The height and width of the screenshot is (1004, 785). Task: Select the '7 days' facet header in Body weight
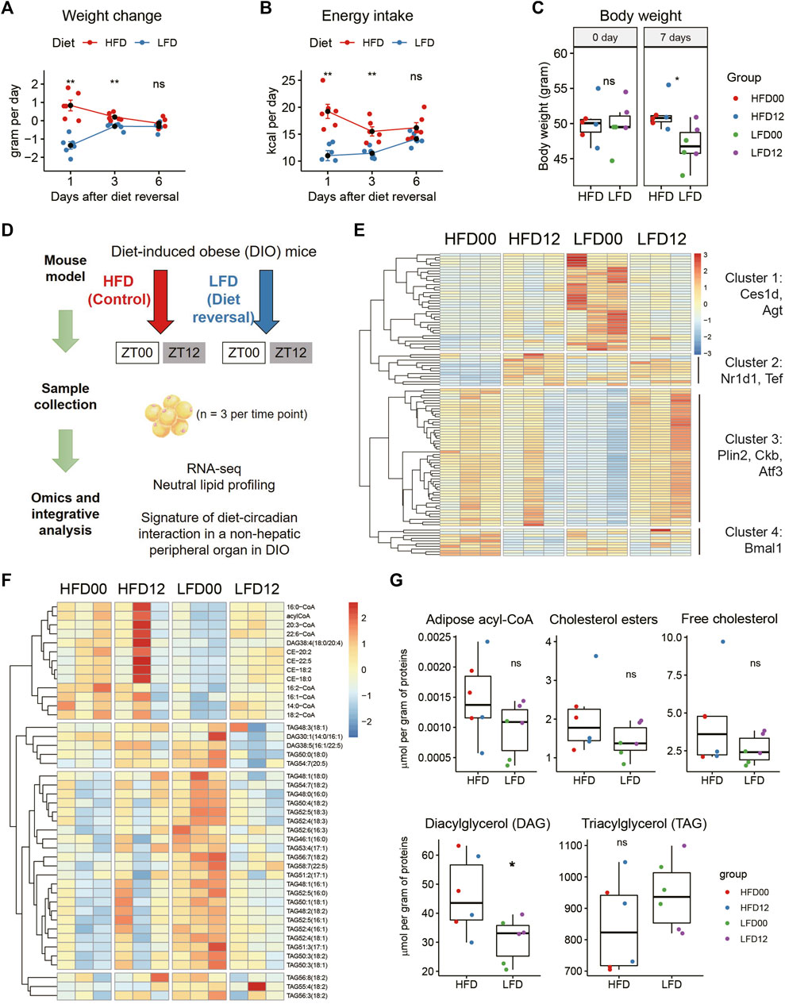pos(674,37)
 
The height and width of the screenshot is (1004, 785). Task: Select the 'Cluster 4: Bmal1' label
pos(752,540)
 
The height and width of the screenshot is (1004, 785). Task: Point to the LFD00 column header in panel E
pos(595,239)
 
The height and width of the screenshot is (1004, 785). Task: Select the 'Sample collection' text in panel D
pos(65,396)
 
